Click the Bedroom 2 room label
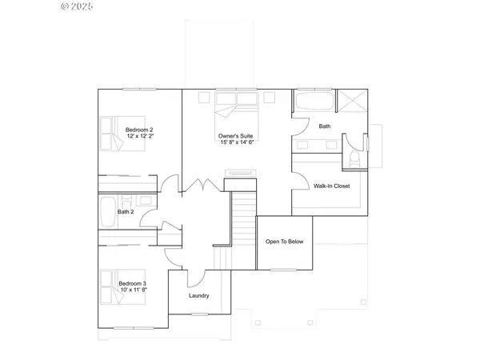pos(139,130)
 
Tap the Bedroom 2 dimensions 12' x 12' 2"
pos(139,137)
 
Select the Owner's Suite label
pos(236,136)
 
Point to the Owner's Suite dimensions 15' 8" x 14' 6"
pos(236,143)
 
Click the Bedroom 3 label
pos(133,283)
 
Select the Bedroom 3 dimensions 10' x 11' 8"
pos(133,290)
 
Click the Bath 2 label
pos(125,212)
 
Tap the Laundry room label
pos(199,295)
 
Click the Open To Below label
pos(284,241)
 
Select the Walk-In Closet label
pos(332,185)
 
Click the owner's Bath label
pos(324,126)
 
